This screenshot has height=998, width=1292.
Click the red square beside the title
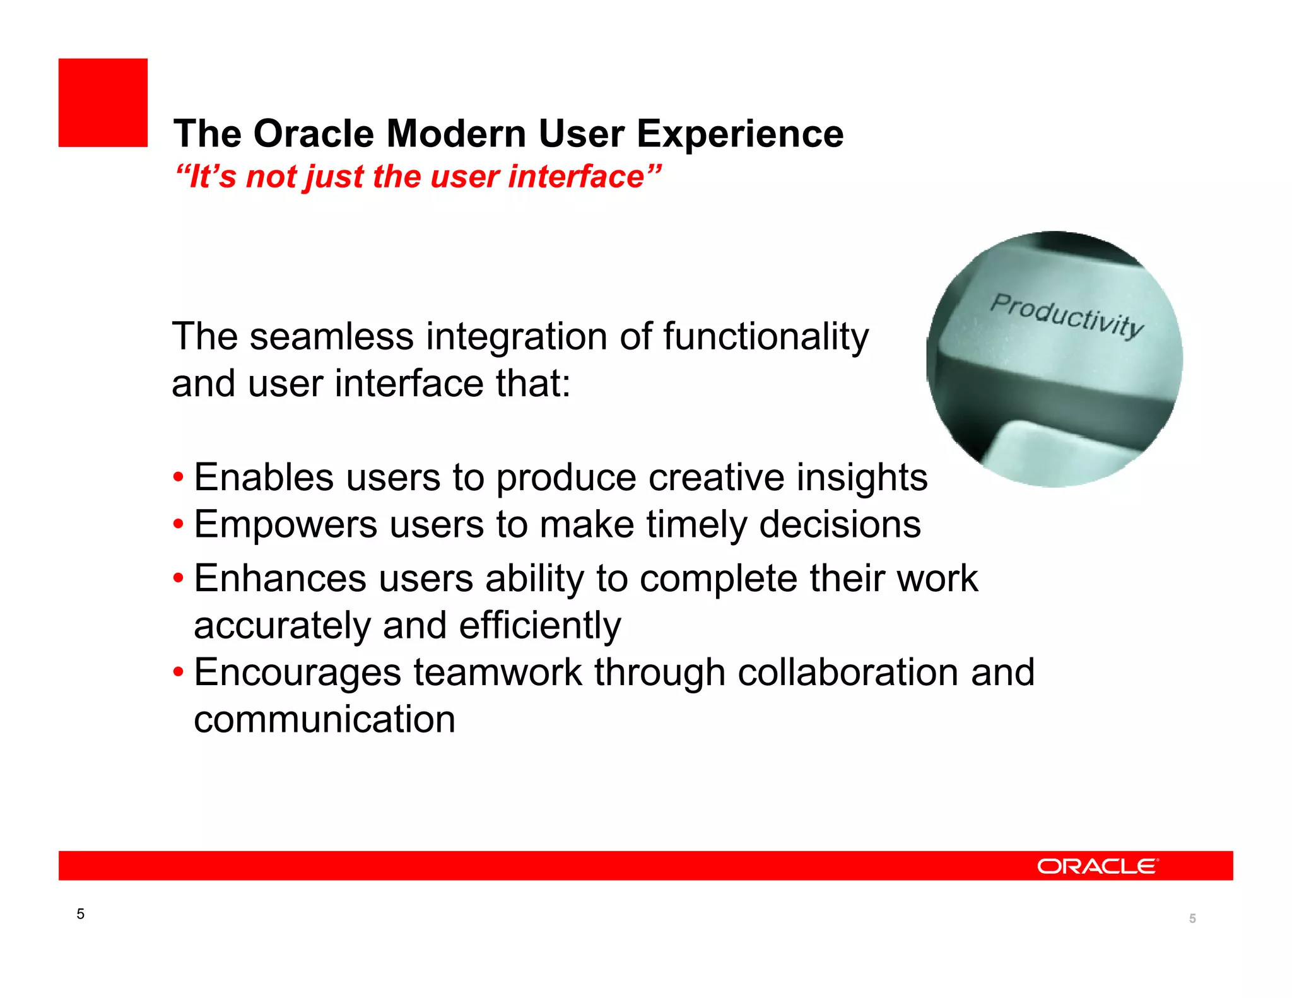pyautogui.click(x=103, y=103)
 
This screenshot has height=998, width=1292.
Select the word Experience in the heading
pyautogui.click(x=739, y=134)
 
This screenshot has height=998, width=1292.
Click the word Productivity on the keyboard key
pyautogui.click(x=1066, y=315)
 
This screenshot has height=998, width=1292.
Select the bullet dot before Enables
pyautogui.click(x=179, y=478)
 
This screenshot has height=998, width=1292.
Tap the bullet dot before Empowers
pyautogui.click(x=179, y=524)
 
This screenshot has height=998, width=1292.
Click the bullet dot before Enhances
pyautogui.click(x=179, y=578)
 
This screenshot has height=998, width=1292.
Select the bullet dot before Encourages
pyautogui.click(x=179, y=672)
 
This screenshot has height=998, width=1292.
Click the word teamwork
pyautogui.click(x=497, y=672)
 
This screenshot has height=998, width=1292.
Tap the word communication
pyautogui.click(x=324, y=719)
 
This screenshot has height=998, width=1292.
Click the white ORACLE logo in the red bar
pyautogui.click(x=1097, y=866)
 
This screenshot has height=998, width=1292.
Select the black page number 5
pyautogui.click(x=80, y=914)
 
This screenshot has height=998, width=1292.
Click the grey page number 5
pyautogui.click(x=1192, y=919)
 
